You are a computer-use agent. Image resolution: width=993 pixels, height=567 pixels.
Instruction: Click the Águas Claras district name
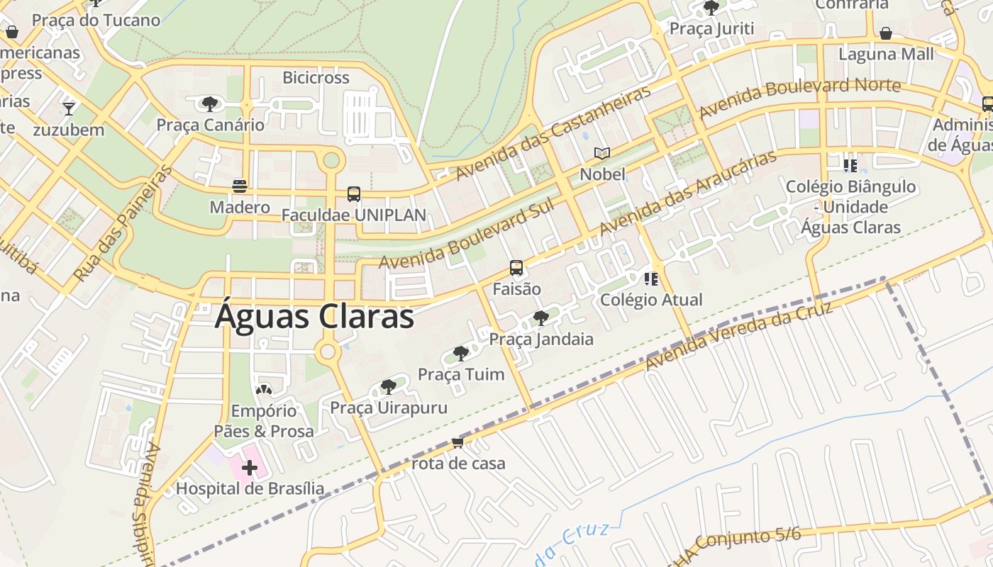pos(314,316)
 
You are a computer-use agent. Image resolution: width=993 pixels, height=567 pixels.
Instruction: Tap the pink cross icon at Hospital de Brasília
pos(249,468)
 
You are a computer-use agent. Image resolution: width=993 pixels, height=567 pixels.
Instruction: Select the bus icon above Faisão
pos(516,268)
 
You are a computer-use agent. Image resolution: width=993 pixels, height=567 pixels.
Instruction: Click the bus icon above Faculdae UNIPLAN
pos(353,193)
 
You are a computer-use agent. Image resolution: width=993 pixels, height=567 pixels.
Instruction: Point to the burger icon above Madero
pos(240,186)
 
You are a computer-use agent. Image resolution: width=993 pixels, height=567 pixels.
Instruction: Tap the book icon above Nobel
pos(602,153)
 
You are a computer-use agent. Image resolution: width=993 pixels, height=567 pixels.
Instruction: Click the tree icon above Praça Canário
pos(209,104)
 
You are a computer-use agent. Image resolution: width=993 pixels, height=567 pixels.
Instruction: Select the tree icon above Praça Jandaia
pos(540,318)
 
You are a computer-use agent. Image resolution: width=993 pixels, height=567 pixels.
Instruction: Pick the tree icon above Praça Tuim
pos(460,353)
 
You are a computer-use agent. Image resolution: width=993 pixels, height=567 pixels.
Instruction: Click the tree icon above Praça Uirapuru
pos(388,386)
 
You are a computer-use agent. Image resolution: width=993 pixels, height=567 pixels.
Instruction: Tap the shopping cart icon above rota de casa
pos(457,443)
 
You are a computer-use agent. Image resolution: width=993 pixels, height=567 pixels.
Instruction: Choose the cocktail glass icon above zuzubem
pos(68,108)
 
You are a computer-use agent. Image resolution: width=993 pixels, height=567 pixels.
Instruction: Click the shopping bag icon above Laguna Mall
pos(885,33)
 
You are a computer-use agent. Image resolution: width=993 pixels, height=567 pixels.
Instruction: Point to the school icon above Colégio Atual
pos(650,279)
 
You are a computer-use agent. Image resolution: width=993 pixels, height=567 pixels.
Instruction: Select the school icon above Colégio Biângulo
pos(850,166)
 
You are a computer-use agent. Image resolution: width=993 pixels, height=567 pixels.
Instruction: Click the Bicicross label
pos(316,77)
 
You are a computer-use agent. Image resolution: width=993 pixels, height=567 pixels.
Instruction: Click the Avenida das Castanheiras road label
pos(553,133)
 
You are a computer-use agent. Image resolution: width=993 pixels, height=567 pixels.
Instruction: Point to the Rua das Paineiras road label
pos(123,223)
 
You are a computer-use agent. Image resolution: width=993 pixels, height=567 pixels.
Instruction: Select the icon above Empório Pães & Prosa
pos(263,390)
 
